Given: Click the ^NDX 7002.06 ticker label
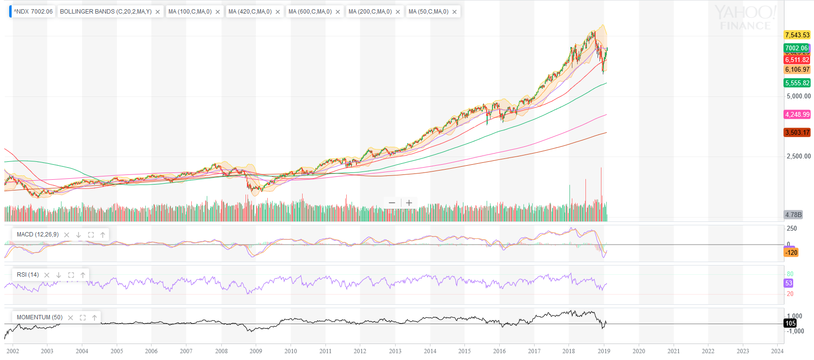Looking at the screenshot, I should [33, 12].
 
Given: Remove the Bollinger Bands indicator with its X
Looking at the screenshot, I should [158, 12].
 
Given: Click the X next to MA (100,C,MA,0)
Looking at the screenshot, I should [218, 12].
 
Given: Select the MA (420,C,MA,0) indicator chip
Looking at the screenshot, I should [250, 12].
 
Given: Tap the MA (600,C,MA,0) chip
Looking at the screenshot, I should [310, 12].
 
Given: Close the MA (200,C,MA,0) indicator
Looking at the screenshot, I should [398, 12].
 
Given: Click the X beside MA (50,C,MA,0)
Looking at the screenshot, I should [455, 12].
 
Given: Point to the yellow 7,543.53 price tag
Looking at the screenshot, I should [797, 35].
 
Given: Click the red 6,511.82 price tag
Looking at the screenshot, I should [797, 60].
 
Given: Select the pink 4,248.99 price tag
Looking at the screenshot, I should [797, 114].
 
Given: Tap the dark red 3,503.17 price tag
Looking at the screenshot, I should [797, 132].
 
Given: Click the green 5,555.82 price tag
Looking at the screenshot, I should [797, 83].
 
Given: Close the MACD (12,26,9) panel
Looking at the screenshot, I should [67, 235].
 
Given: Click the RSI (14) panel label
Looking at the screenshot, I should [28, 275].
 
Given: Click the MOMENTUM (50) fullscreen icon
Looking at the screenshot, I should [83, 318].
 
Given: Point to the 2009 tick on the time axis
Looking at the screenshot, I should [256, 351].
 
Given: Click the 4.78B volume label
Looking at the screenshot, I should [793, 215].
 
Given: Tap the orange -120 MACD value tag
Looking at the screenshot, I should [791, 252].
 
